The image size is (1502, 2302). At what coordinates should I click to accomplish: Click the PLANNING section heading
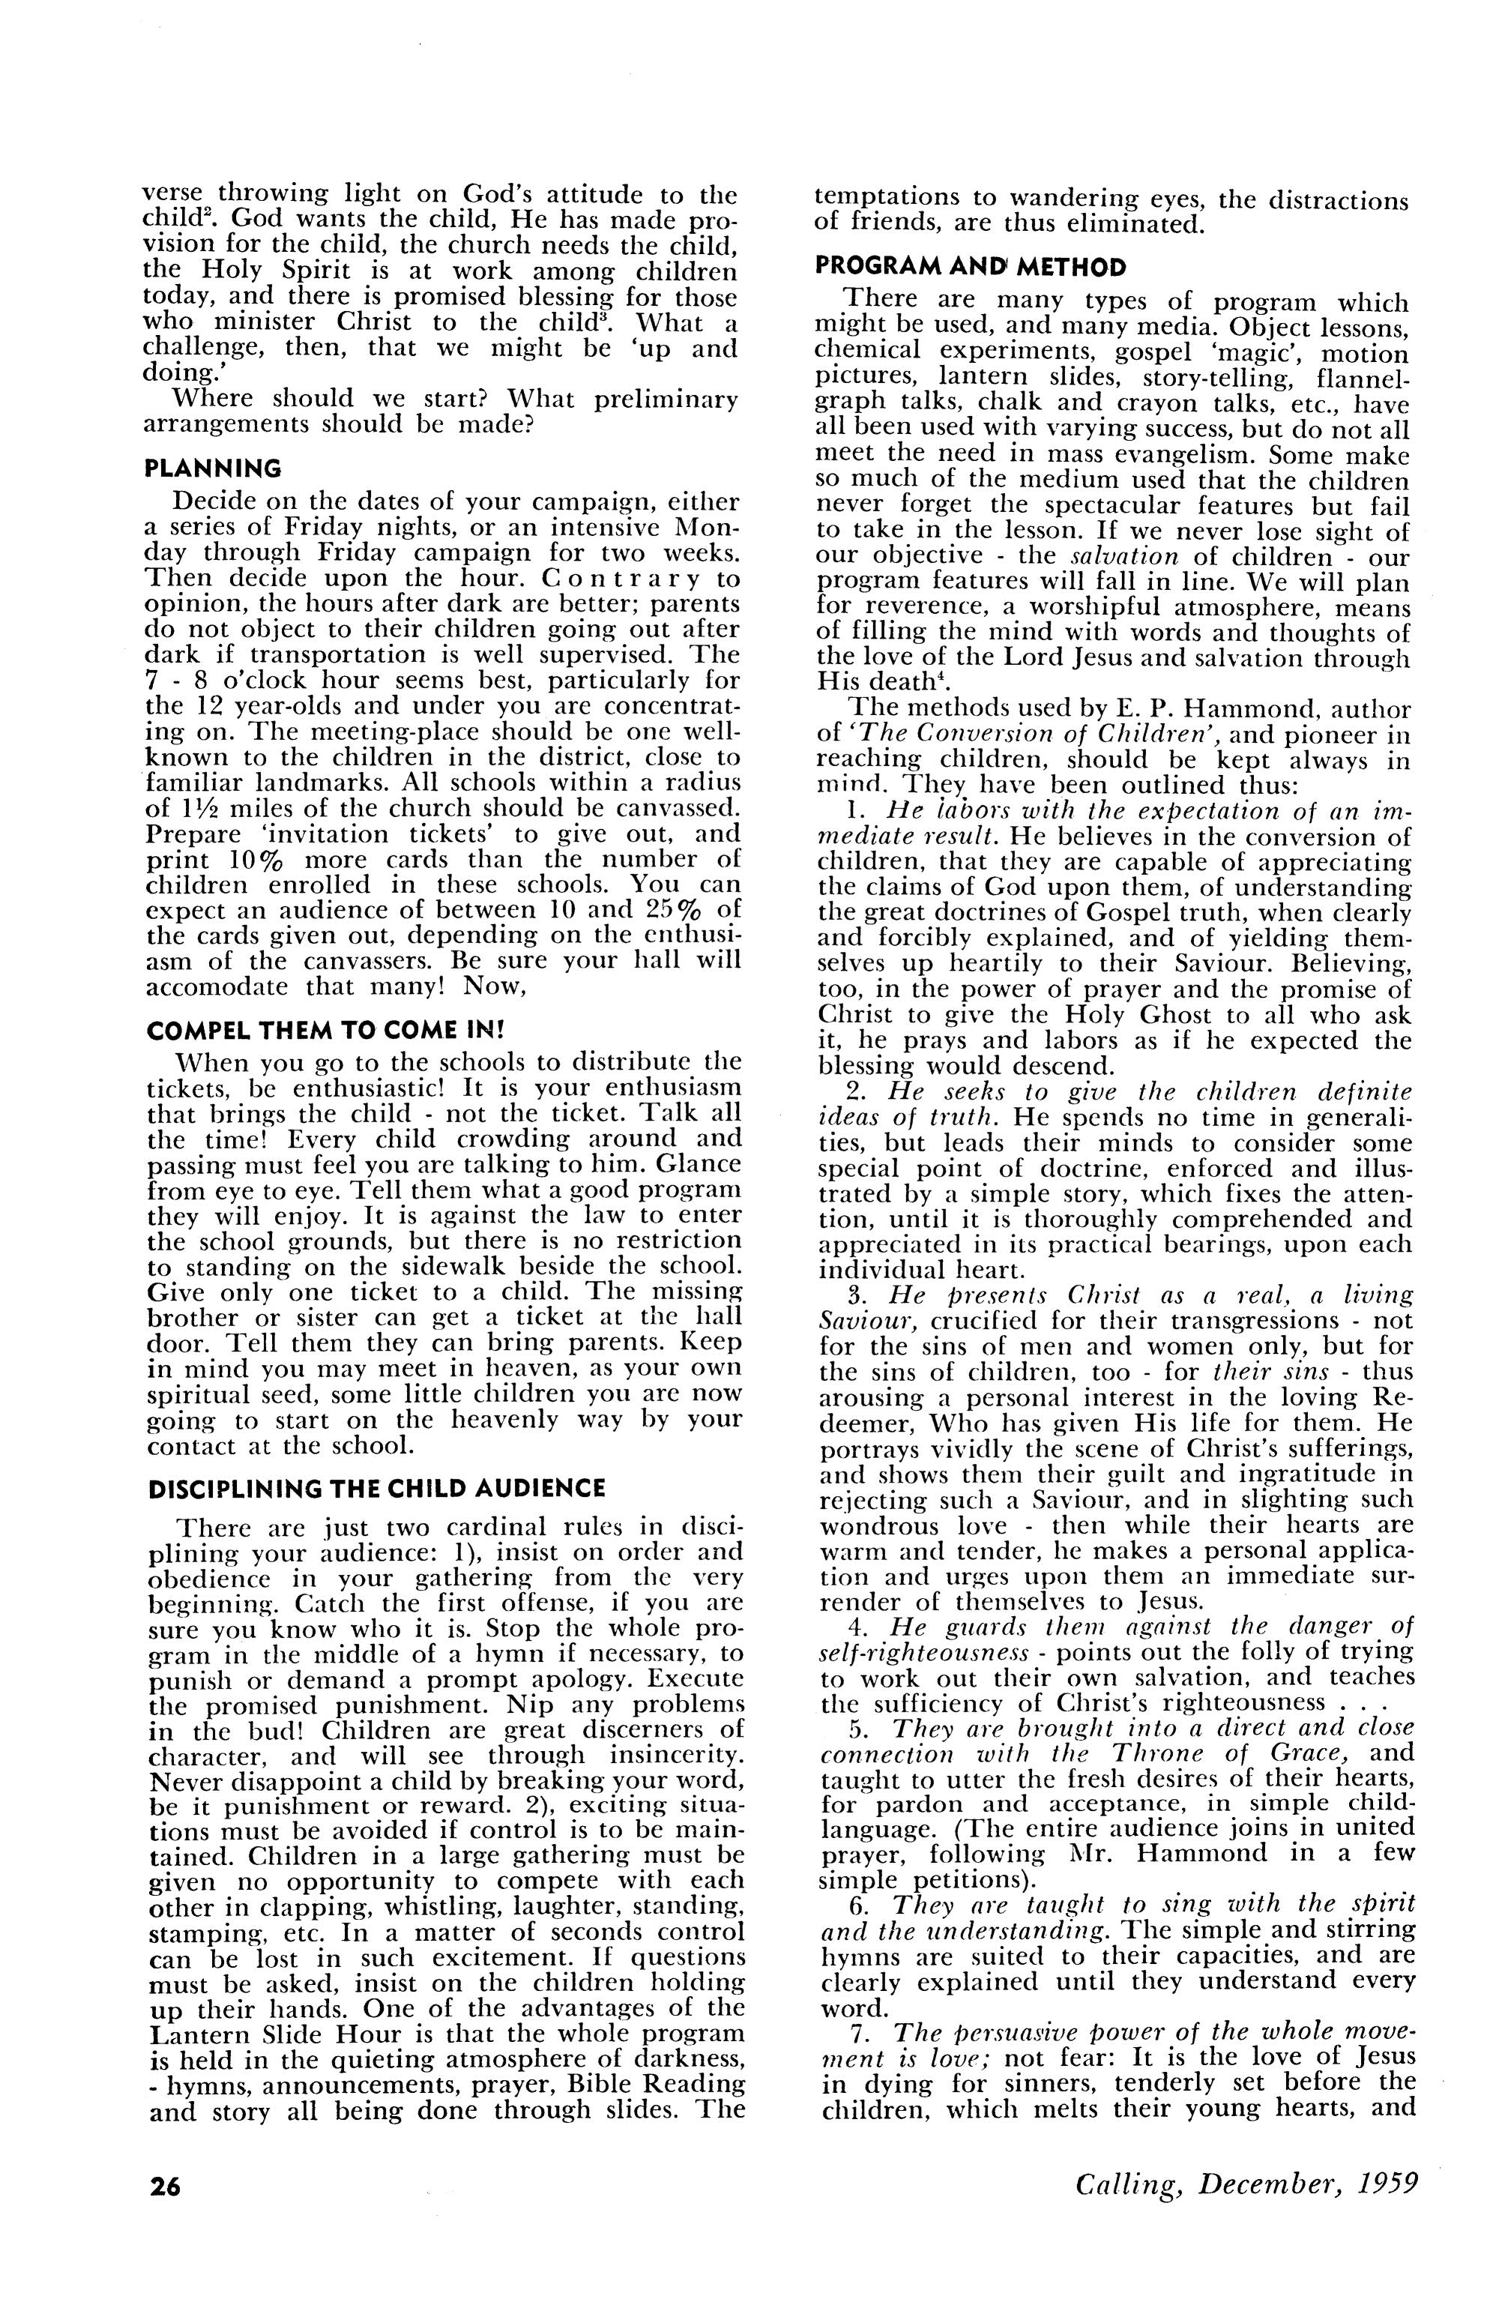click(213, 469)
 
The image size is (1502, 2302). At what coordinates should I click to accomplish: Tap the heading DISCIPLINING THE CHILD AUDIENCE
click(377, 1489)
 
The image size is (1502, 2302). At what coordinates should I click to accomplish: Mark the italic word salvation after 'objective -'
click(1126, 557)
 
